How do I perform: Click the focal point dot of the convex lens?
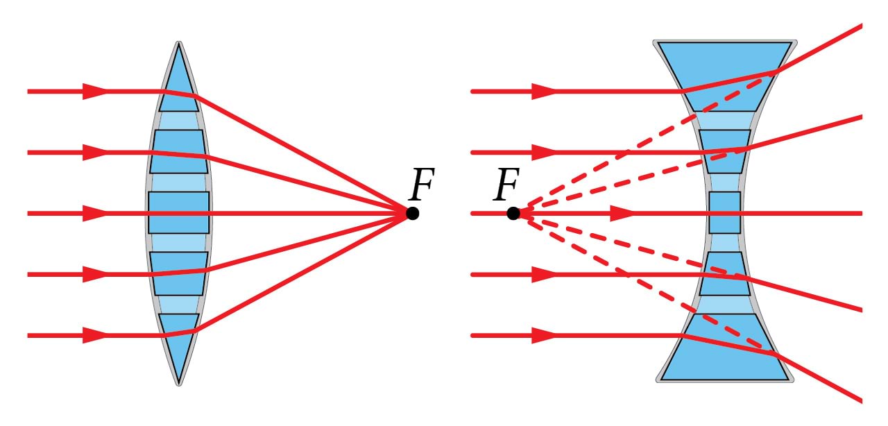(x=412, y=213)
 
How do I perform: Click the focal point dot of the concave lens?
(x=513, y=213)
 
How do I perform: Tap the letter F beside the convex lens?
(x=421, y=185)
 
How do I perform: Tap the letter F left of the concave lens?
(x=506, y=185)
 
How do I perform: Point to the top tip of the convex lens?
(x=179, y=44)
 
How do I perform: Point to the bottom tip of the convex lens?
(x=179, y=382)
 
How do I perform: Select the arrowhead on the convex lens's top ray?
(x=94, y=91)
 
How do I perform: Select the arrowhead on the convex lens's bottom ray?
(x=94, y=335)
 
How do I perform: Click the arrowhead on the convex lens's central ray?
(x=94, y=213)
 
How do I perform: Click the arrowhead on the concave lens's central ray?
(x=622, y=213)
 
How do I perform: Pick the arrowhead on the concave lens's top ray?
(x=544, y=91)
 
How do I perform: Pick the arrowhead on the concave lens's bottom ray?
(x=544, y=335)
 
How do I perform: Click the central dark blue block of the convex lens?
(x=178, y=212)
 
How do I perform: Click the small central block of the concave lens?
(x=724, y=212)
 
